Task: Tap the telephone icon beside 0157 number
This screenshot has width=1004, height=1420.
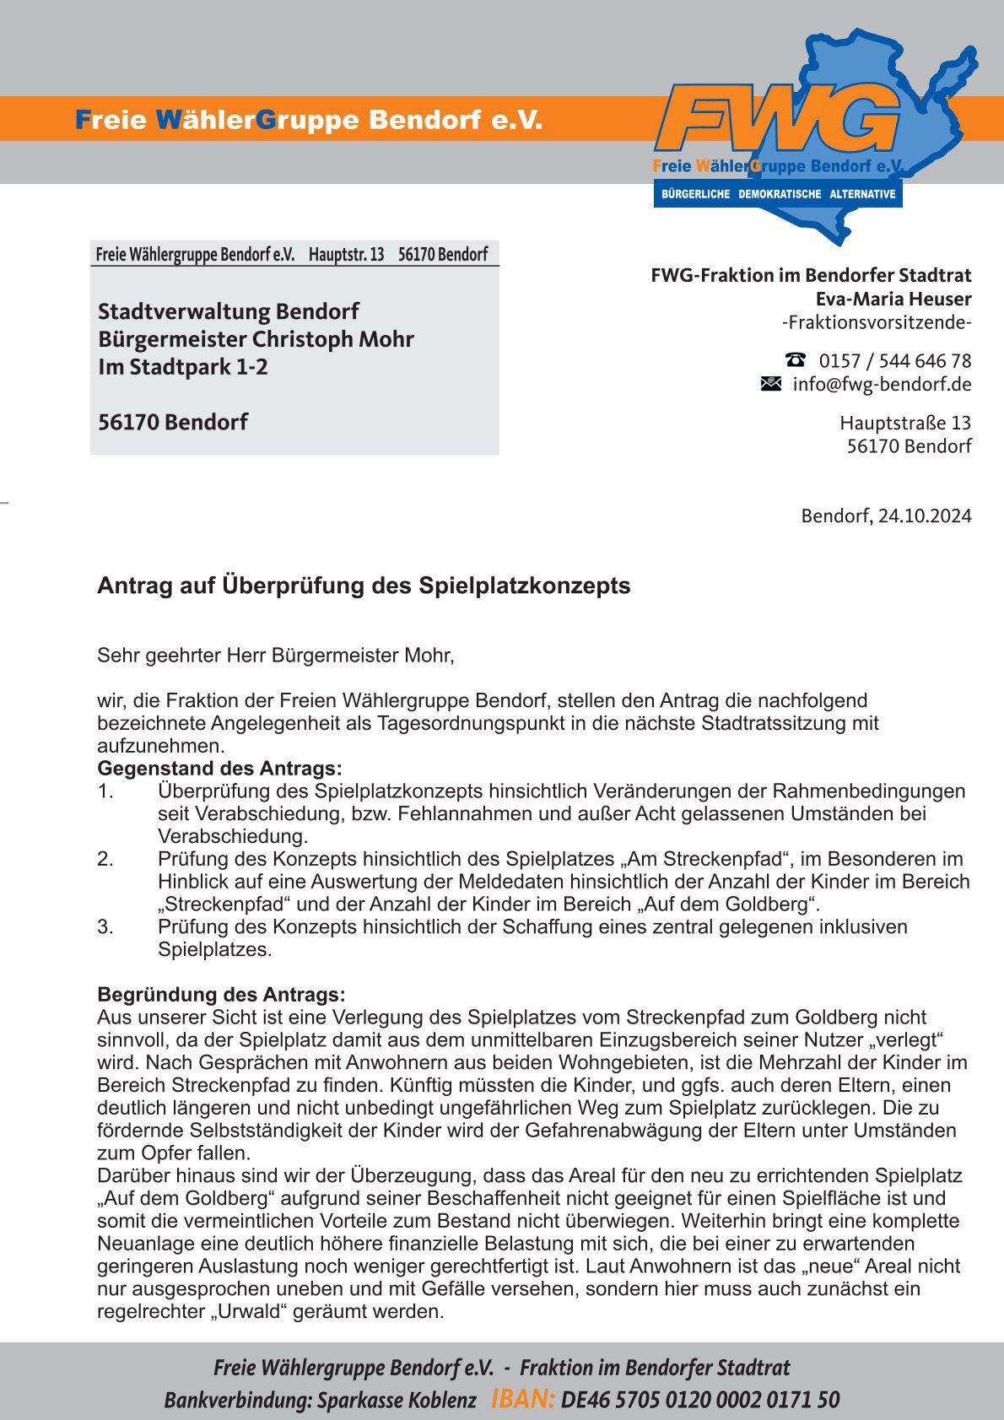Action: point(795,359)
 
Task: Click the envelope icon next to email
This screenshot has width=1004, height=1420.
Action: point(771,384)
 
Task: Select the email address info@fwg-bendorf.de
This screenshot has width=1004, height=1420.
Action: point(882,385)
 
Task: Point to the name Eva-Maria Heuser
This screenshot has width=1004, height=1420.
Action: point(893,299)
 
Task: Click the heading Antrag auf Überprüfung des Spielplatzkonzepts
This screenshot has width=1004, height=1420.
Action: point(364,586)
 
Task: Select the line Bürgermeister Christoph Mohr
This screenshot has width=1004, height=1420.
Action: point(256,339)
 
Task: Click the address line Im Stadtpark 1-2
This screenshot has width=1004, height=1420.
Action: point(183,367)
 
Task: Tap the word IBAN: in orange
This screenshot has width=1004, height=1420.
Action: point(522,1399)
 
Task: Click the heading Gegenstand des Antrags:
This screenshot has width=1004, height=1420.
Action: point(219,769)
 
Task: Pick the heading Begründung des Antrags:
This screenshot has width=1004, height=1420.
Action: point(221,994)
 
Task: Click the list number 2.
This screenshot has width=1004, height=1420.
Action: point(105,859)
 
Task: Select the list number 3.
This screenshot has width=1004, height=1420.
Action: point(105,926)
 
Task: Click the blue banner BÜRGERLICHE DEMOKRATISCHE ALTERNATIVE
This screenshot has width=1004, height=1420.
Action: point(778,194)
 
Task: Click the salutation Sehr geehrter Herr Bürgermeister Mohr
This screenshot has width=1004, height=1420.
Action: point(276,655)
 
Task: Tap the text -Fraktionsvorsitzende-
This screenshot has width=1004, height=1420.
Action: point(877,322)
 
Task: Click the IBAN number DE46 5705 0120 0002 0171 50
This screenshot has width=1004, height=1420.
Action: point(699,1400)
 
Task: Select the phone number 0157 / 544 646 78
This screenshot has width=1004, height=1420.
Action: point(895,361)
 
